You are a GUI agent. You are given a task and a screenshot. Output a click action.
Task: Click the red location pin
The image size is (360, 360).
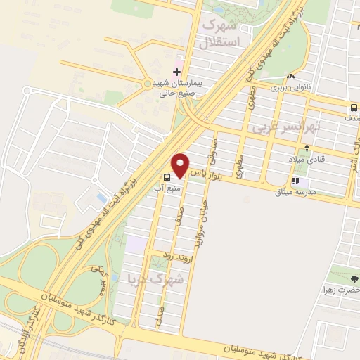[x=181, y=165]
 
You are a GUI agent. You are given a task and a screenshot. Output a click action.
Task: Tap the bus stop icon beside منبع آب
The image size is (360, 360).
[x=167, y=177]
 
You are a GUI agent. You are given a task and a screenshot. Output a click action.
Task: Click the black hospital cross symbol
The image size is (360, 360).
[x=176, y=73]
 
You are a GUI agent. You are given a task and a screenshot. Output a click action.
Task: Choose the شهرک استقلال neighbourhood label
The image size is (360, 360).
[x=220, y=32]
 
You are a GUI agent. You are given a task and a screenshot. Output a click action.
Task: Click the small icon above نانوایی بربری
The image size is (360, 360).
[x=290, y=77]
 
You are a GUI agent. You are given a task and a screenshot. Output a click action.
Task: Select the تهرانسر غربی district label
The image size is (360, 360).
[x=288, y=128]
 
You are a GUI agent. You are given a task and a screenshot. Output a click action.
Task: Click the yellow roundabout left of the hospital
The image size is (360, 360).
[x=148, y=84]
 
